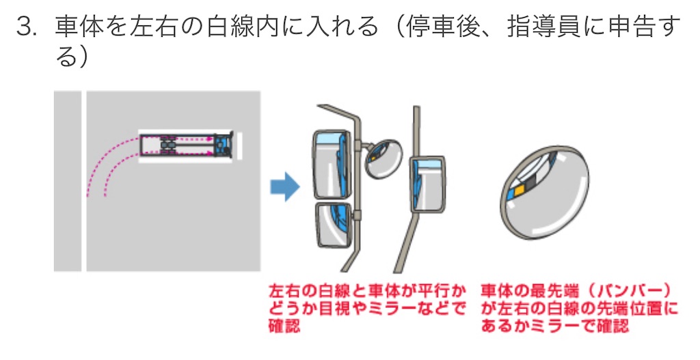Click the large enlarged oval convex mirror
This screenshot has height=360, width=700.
coord(545,193)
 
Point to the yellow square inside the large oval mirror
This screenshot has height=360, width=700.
coord(521,184)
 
